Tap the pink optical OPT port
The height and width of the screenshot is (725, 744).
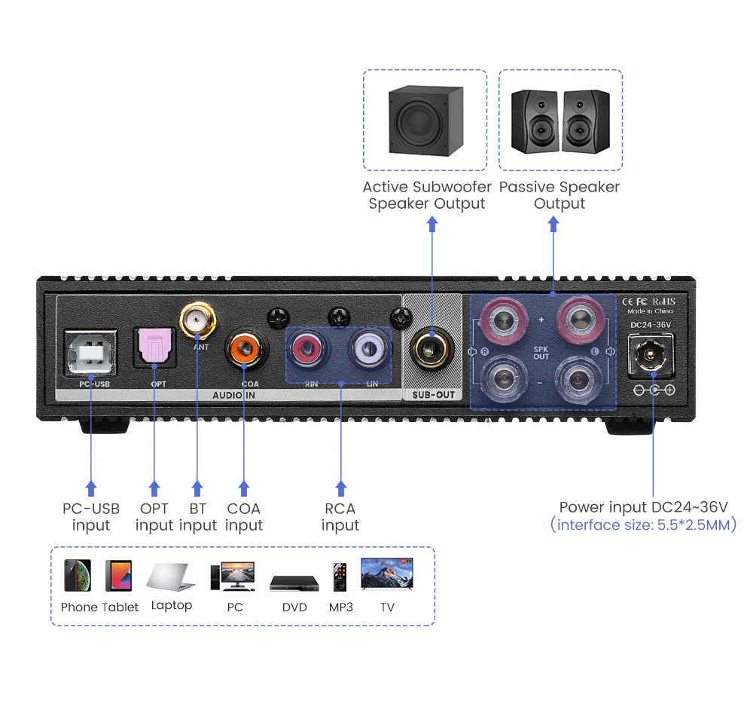click(x=154, y=347)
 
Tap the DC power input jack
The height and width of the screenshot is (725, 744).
click(x=651, y=353)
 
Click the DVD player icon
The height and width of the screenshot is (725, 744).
click(x=294, y=583)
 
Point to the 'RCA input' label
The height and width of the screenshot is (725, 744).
click(x=340, y=517)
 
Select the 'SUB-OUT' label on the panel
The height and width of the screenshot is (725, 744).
click(x=433, y=394)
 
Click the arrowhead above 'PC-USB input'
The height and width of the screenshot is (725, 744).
click(x=91, y=487)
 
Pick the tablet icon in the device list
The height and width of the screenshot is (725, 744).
click(x=119, y=576)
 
